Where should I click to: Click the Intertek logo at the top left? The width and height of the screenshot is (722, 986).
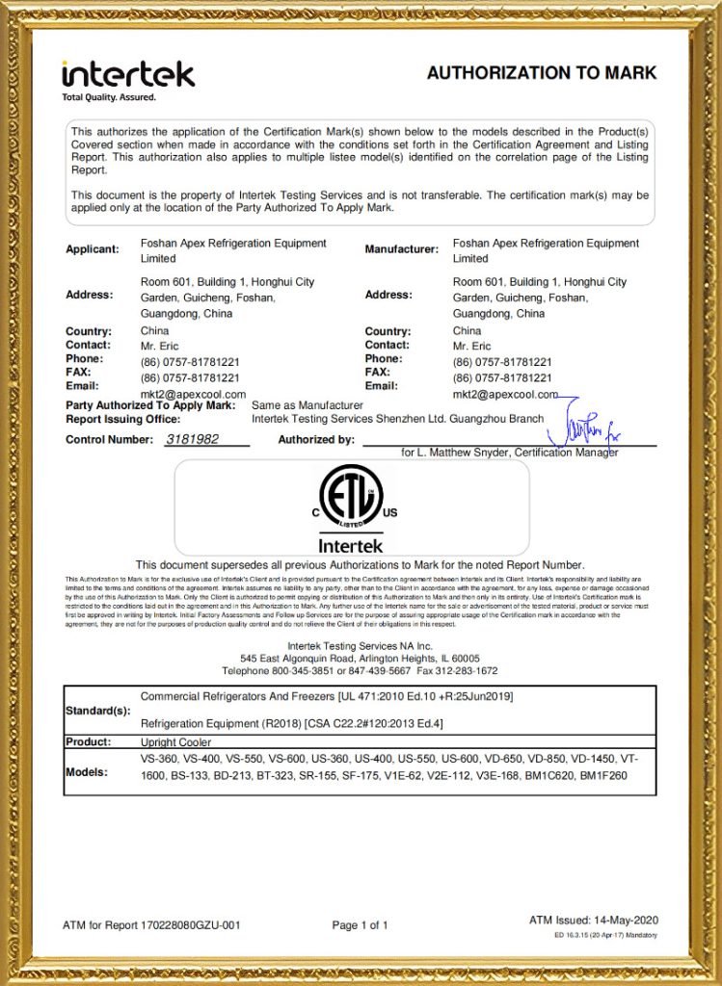127,73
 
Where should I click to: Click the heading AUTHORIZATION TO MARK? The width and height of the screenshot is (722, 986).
542,73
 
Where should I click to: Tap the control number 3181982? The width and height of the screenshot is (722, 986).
193,439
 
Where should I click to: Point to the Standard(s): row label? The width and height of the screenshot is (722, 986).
97,711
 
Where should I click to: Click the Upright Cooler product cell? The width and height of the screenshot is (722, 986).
175,742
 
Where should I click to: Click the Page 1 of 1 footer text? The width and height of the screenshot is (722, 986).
360,925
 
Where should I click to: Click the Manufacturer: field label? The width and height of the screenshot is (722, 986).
402,249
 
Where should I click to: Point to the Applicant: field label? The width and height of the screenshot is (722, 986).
93,249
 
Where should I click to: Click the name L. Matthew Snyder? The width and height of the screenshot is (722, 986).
463,452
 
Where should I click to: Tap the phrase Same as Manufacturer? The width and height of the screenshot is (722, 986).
307,405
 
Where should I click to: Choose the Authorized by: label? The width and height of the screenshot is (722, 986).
316,439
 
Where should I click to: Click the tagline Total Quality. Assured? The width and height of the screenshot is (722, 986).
108,97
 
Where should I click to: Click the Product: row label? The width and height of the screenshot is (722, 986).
89,742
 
